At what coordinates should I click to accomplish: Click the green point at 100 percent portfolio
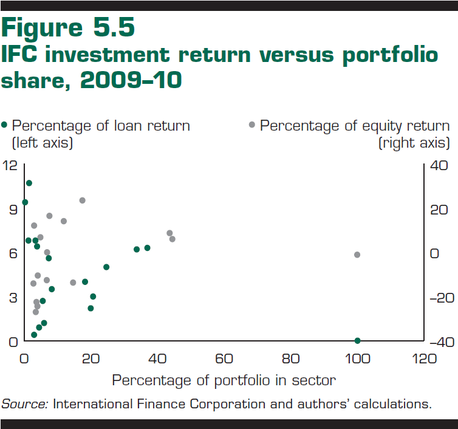357,340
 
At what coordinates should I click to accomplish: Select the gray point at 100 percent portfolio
357,255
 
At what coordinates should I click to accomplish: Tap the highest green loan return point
29,183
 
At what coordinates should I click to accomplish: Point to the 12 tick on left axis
10,165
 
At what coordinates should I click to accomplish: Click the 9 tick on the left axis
12,210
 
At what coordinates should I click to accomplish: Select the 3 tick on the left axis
12,298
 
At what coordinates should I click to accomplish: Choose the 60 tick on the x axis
224,359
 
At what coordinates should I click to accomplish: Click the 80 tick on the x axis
291,359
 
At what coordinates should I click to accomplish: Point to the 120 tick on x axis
424,359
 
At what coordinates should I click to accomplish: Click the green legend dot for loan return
5,125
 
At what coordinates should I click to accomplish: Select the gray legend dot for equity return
252,125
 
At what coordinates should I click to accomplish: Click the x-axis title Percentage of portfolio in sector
224,381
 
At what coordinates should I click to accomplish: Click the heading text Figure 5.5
68,28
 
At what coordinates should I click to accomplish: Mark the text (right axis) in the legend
414,143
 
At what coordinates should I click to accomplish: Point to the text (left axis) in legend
43,143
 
